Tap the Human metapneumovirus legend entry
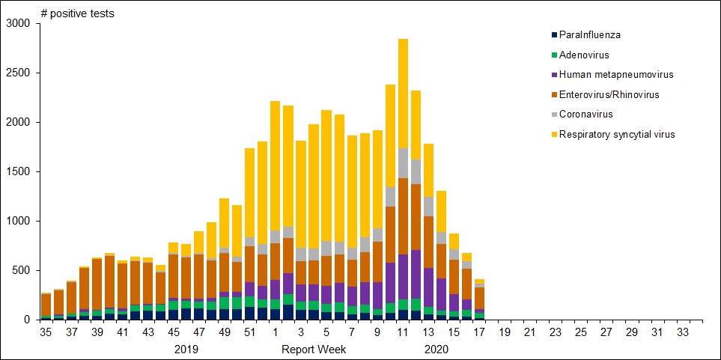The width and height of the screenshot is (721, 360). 611,75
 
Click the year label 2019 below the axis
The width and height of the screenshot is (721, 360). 186,349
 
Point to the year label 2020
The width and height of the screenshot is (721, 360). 436,349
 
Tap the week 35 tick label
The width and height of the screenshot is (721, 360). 46,332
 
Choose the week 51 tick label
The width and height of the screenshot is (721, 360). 249,332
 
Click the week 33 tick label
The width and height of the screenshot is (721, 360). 683,332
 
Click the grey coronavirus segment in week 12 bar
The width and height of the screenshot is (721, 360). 416,171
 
